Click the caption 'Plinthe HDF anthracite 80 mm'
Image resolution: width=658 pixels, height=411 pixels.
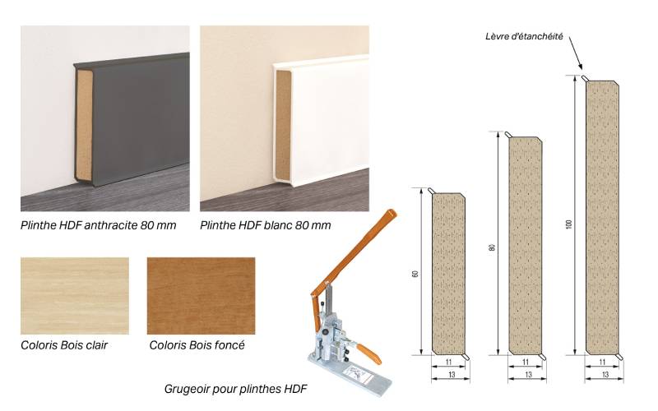[104, 224]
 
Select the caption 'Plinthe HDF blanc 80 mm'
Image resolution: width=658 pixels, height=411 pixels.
[266, 224]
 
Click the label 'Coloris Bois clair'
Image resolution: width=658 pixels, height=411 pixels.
[64, 344]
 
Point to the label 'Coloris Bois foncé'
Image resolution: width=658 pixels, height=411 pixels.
[197, 344]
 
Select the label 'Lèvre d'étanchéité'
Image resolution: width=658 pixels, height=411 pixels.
[524, 37]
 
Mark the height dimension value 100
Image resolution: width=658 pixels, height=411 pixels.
[568, 218]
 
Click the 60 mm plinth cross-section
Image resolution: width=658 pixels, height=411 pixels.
[448, 275]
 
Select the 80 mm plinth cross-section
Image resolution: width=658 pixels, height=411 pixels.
[526, 245]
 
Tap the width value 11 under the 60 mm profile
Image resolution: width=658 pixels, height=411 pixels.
[448, 363]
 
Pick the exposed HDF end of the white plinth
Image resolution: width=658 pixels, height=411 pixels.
[282, 127]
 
